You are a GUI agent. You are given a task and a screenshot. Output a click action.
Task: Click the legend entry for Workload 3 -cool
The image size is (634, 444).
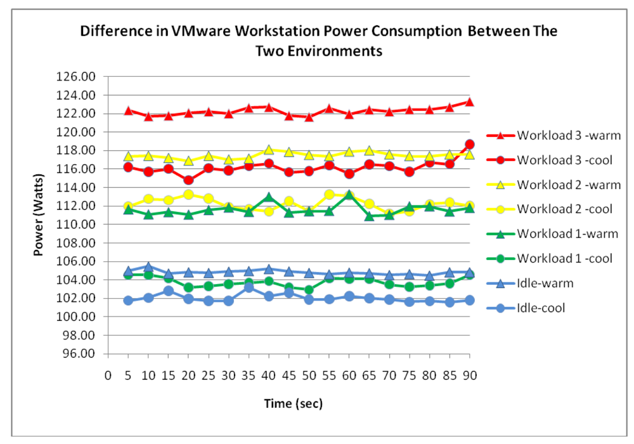552,160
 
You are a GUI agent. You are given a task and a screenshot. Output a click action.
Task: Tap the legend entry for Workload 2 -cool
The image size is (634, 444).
552,209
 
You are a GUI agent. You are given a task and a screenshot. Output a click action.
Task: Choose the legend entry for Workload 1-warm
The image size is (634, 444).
552,234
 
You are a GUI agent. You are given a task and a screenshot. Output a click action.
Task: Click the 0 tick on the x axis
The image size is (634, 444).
108,375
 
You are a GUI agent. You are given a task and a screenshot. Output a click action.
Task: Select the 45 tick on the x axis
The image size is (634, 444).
288,375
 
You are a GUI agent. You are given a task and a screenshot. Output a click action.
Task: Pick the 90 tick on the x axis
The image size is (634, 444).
469,375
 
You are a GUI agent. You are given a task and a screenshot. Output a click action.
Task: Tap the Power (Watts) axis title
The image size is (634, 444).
39,216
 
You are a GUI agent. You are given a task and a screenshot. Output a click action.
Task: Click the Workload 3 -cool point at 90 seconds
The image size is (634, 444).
469,145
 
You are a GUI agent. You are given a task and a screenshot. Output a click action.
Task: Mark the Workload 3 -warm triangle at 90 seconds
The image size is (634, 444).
469,101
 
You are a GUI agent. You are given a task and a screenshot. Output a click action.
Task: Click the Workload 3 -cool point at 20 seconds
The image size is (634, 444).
188,180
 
